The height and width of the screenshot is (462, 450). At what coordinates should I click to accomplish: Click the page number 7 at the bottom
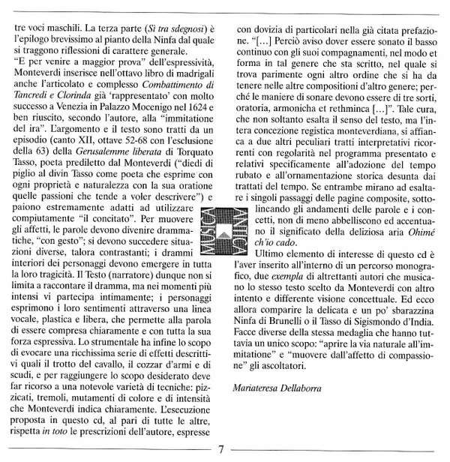tap(222, 450)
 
